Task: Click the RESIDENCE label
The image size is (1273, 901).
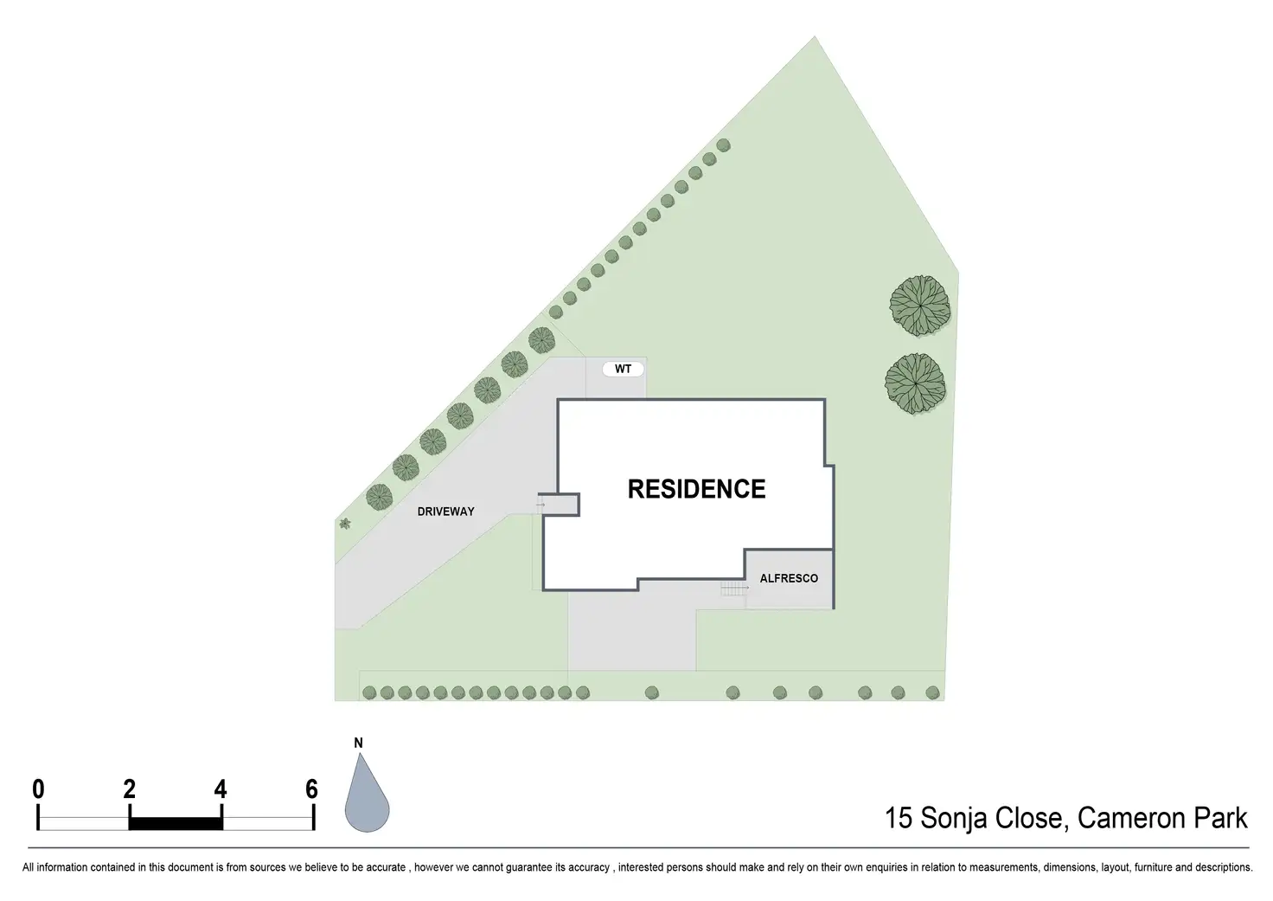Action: pyautogui.click(x=696, y=489)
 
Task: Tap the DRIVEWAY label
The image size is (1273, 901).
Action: pyautogui.click(x=445, y=512)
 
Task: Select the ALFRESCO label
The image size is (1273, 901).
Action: pyautogui.click(x=789, y=578)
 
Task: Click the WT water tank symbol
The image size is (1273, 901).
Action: pyautogui.click(x=623, y=369)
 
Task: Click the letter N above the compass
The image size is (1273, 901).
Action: pyautogui.click(x=358, y=743)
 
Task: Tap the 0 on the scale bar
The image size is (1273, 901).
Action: pyautogui.click(x=38, y=788)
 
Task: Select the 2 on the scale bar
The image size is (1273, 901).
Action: pyautogui.click(x=130, y=788)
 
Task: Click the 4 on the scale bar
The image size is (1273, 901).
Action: pyautogui.click(x=221, y=788)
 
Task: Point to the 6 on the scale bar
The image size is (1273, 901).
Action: pyautogui.click(x=312, y=788)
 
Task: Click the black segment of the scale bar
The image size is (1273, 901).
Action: pyautogui.click(x=176, y=823)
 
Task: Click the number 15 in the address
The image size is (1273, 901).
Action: pyautogui.click(x=899, y=818)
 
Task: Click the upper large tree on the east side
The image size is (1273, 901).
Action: pyautogui.click(x=921, y=305)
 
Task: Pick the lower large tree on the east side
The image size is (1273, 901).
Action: pyautogui.click(x=916, y=383)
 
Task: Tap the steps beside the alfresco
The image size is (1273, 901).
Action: pyautogui.click(x=733, y=589)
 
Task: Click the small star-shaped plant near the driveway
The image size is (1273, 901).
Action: pyautogui.click(x=345, y=523)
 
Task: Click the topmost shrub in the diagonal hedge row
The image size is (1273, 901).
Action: pyautogui.click(x=723, y=145)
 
